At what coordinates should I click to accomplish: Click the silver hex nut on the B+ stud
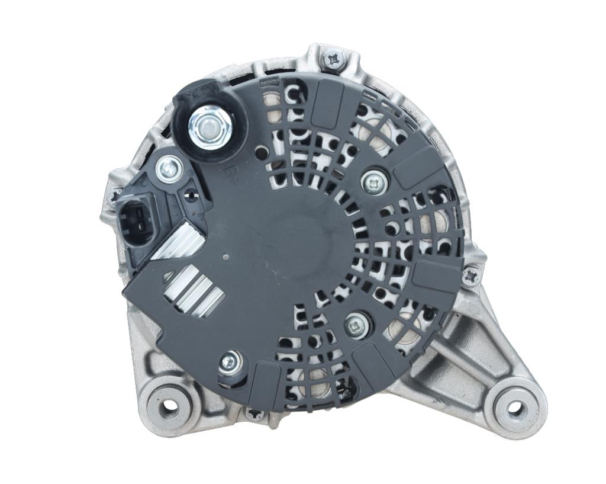pos(208,126)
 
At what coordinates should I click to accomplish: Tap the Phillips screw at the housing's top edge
pos(334,59)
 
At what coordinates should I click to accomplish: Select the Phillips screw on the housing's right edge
pos(471,275)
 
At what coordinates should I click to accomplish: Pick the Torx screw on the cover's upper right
pos(373,183)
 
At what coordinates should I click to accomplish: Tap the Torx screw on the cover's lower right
pos(357,324)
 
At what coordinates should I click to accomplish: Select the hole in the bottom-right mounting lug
pos(514,408)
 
